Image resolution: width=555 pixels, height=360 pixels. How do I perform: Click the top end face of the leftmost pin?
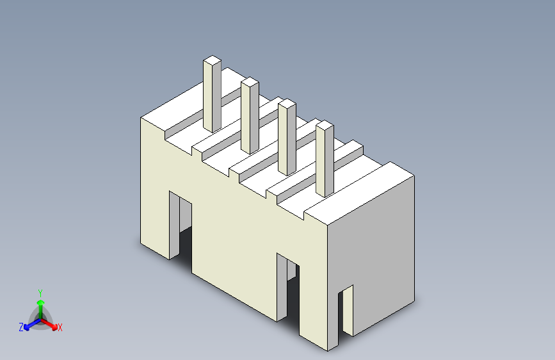pyautogui.click(x=212, y=61)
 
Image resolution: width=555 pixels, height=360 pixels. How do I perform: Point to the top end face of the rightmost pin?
pyautogui.click(x=325, y=125)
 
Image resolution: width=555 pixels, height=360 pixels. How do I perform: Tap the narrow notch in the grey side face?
pyautogui.click(x=346, y=310)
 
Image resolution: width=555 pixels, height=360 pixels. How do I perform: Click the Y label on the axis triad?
pyautogui.click(x=40, y=293)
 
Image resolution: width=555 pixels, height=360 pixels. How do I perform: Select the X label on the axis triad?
pyautogui.click(x=60, y=328)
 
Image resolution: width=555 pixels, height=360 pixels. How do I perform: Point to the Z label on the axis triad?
pyautogui.click(x=21, y=327)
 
